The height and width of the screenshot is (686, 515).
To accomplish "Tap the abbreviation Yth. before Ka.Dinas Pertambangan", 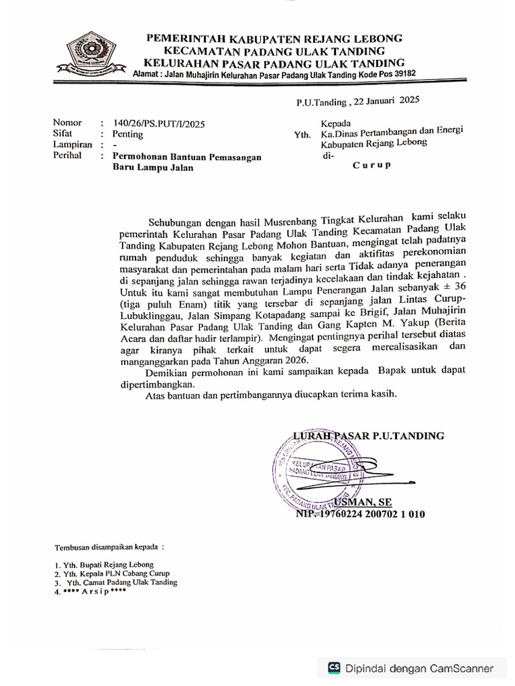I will point(302,135).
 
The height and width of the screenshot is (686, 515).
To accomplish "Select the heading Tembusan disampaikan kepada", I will point(109,546).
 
